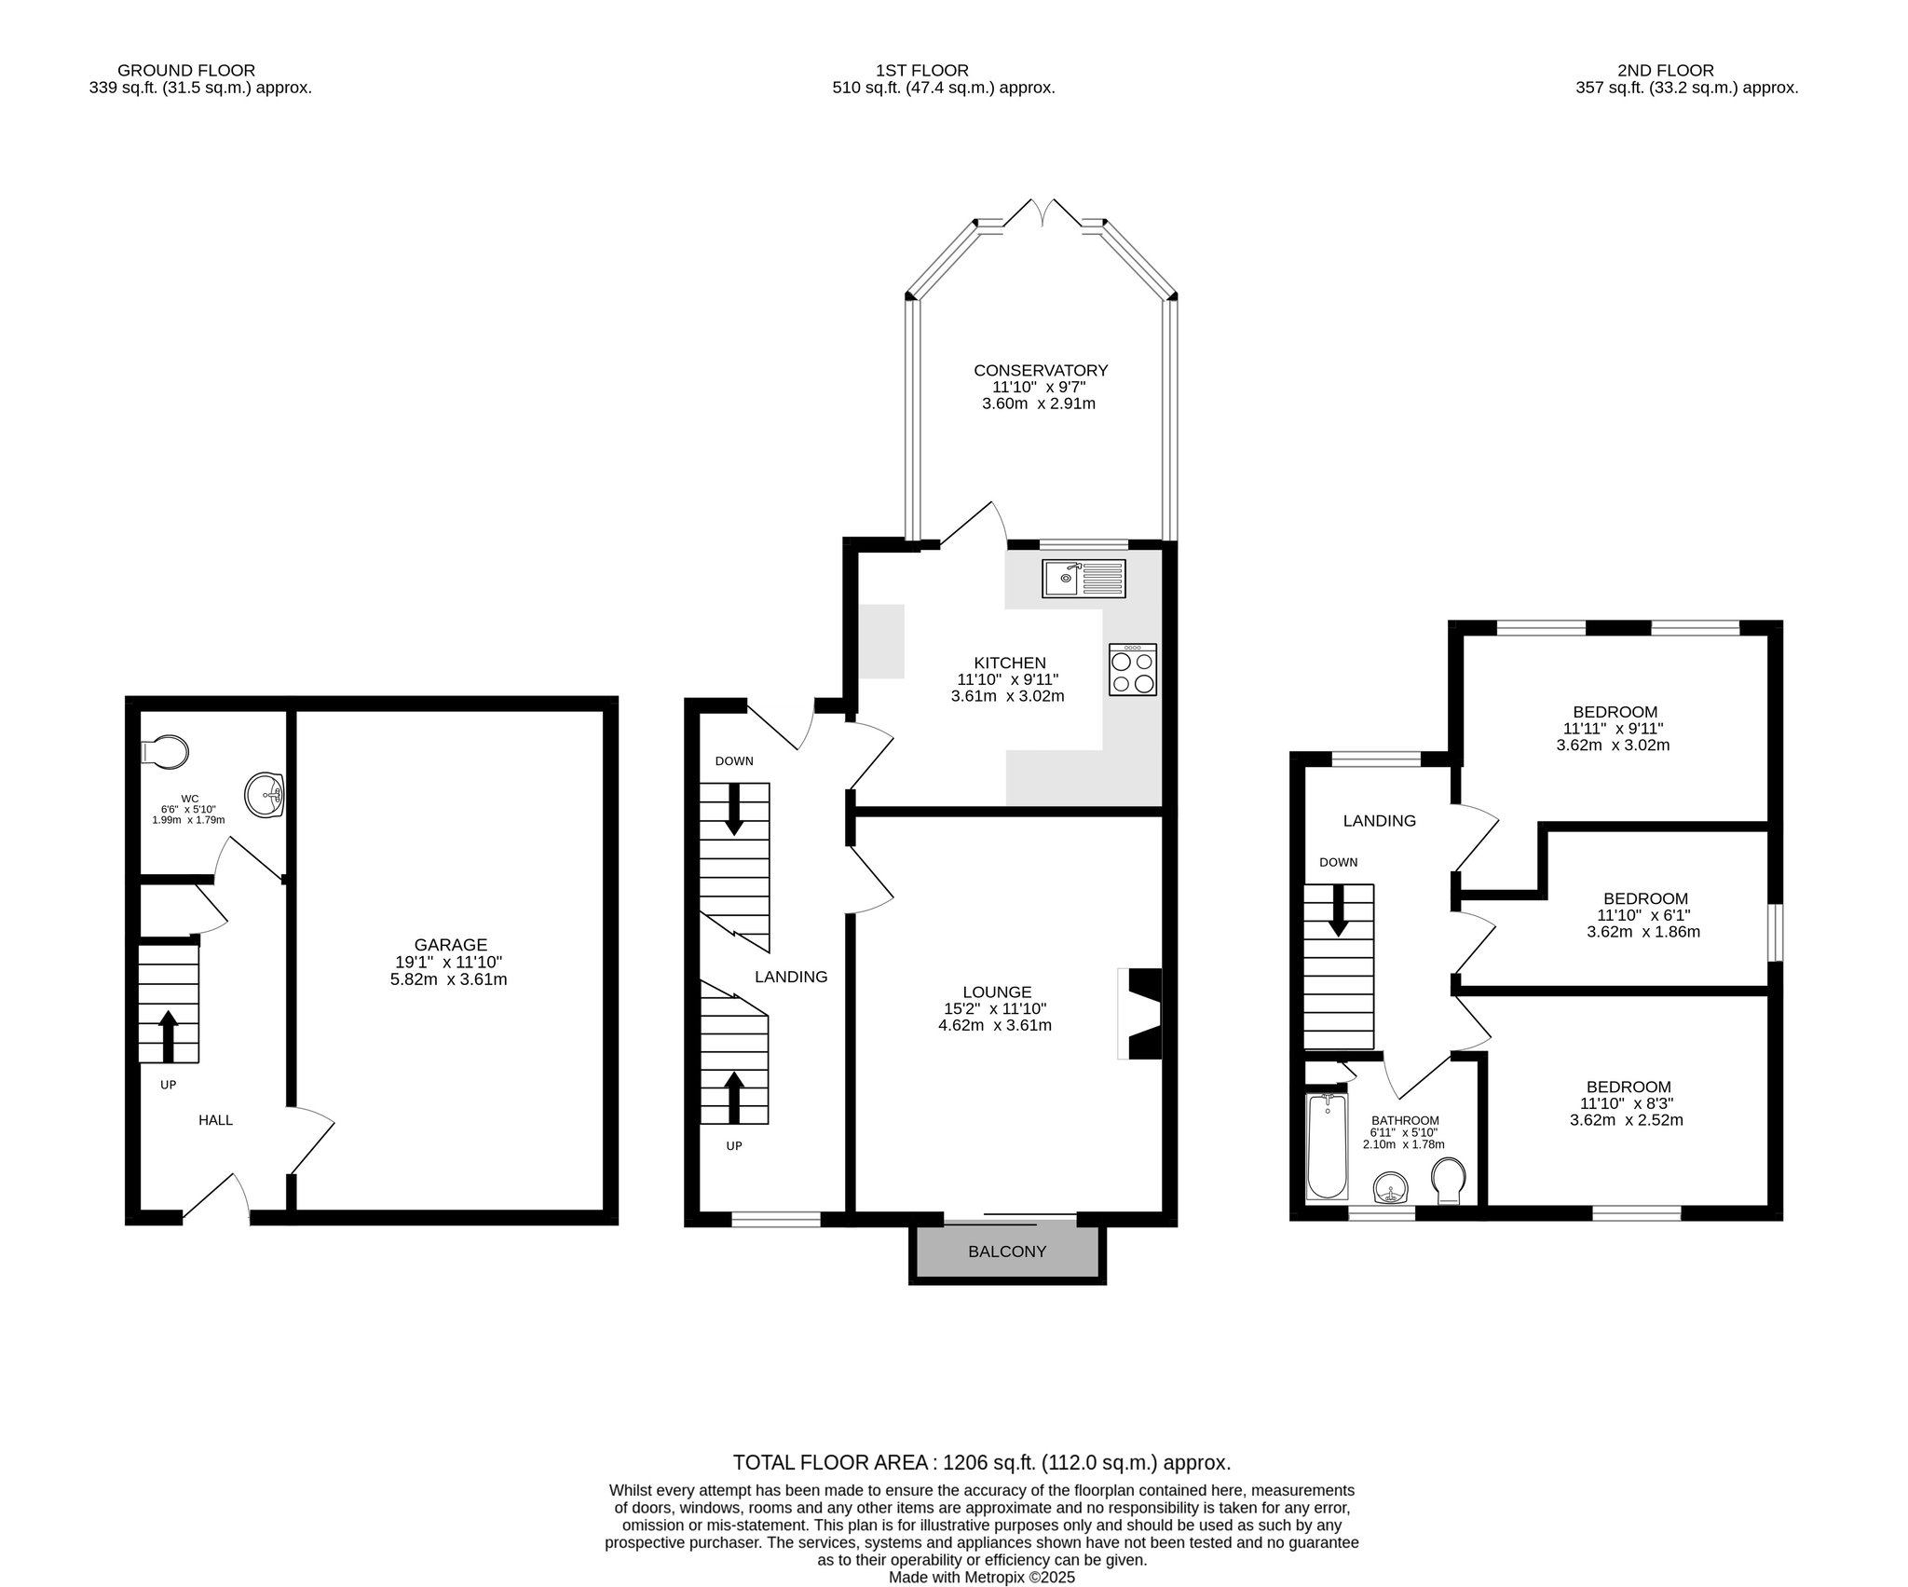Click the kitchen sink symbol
(1084, 579)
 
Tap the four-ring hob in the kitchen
(1133, 669)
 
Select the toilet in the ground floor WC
(164, 751)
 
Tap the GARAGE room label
(451, 945)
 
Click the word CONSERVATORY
(1041, 370)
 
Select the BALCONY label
(1007, 1252)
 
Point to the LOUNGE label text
(997, 992)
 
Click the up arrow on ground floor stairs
(169, 1035)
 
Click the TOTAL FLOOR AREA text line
(982, 1462)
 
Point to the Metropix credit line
(982, 1578)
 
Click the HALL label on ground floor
(215, 1120)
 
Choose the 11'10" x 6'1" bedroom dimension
(1643, 914)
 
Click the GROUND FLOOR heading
(186, 70)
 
